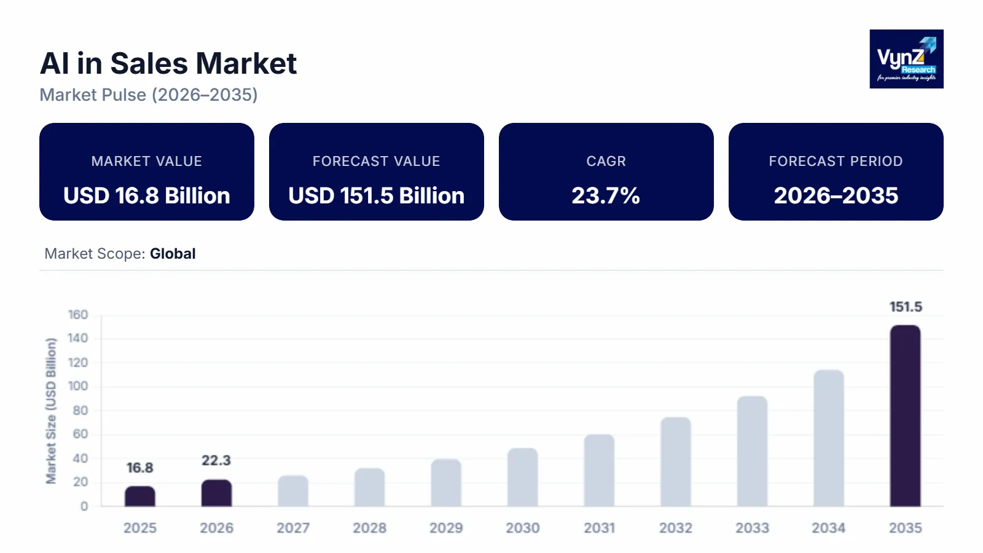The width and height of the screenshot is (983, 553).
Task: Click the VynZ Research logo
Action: (906, 59)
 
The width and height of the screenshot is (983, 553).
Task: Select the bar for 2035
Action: (905, 416)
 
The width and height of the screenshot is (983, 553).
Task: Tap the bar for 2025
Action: (140, 496)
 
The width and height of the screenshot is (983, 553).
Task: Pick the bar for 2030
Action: (522, 477)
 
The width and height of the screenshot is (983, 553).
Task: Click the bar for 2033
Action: (752, 452)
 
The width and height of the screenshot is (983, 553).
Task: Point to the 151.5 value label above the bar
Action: (906, 307)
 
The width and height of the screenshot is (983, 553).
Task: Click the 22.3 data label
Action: (216, 460)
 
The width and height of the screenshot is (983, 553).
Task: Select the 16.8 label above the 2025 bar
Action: (140, 468)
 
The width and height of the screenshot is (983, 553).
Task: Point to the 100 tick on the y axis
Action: (78, 386)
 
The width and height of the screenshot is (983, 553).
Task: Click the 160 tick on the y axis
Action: (78, 315)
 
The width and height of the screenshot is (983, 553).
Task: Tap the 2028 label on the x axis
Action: (369, 528)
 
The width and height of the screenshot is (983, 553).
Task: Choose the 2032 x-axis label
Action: (676, 528)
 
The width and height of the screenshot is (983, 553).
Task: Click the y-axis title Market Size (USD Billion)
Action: (51, 410)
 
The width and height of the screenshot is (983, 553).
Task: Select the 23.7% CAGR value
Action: (606, 195)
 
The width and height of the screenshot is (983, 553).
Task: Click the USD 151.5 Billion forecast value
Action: (376, 195)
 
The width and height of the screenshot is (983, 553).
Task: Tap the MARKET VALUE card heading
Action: (146, 161)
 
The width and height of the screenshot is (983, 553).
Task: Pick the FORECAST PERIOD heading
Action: (836, 161)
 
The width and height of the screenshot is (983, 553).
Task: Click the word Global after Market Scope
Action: (173, 254)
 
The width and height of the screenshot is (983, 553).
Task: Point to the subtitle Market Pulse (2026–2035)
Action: (149, 95)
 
